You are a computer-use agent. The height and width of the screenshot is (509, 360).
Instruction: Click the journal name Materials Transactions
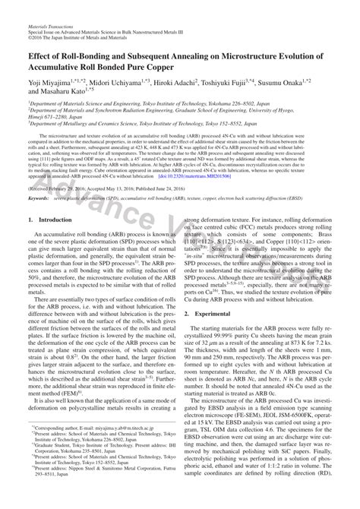tap(52, 26)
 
